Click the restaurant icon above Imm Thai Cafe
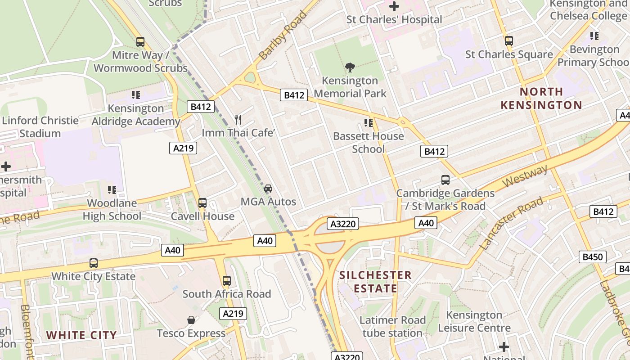tap(238, 119)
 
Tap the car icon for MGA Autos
tap(268, 188)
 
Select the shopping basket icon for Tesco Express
tap(191, 320)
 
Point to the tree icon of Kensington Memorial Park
tap(350, 67)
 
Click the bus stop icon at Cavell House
tap(202, 203)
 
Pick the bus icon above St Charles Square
tap(509, 41)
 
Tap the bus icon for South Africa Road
tap(227, 281)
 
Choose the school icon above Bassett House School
tap(369, 122)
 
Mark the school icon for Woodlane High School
tap(112, 190)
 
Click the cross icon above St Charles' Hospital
tap(394, 6)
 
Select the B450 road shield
tap(592, 257)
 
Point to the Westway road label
tap(526, 176)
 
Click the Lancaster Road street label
tap(511, 224)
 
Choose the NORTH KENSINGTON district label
tap(541, 99)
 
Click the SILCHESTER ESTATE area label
tap(375, 282)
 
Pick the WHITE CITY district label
tap(81, 335)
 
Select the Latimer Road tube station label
tap(392, 327)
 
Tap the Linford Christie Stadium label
tap(40, 127)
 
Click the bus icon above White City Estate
tap(94, 263)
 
